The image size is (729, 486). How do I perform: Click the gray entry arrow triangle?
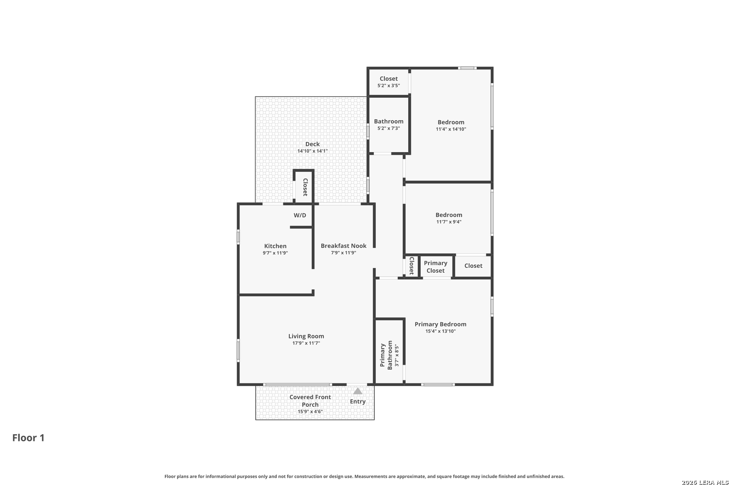358,391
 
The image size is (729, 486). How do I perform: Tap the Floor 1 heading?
28,438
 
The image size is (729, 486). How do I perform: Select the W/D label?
300,215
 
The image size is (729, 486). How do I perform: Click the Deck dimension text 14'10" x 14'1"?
312,151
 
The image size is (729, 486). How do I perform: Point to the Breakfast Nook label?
344,246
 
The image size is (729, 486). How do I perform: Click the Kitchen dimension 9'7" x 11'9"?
275,253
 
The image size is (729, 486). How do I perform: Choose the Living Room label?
306,336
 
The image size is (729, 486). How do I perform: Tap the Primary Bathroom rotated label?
386,355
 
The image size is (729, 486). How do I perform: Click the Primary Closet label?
436,267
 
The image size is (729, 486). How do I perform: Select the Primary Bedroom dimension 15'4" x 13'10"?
441,331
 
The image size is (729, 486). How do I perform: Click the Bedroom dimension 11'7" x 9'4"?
449,222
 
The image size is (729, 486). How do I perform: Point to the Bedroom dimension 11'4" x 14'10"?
451,129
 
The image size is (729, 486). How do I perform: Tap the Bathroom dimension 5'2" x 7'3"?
389,128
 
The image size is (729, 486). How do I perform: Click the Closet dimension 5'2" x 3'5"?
389,85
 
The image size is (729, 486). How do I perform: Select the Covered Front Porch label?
310,400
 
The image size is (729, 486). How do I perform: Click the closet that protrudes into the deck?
304,186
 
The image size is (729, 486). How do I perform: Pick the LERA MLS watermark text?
705,482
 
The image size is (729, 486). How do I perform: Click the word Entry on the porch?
358,401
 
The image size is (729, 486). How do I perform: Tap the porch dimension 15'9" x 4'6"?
310,411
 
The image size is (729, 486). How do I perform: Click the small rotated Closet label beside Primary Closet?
411,265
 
